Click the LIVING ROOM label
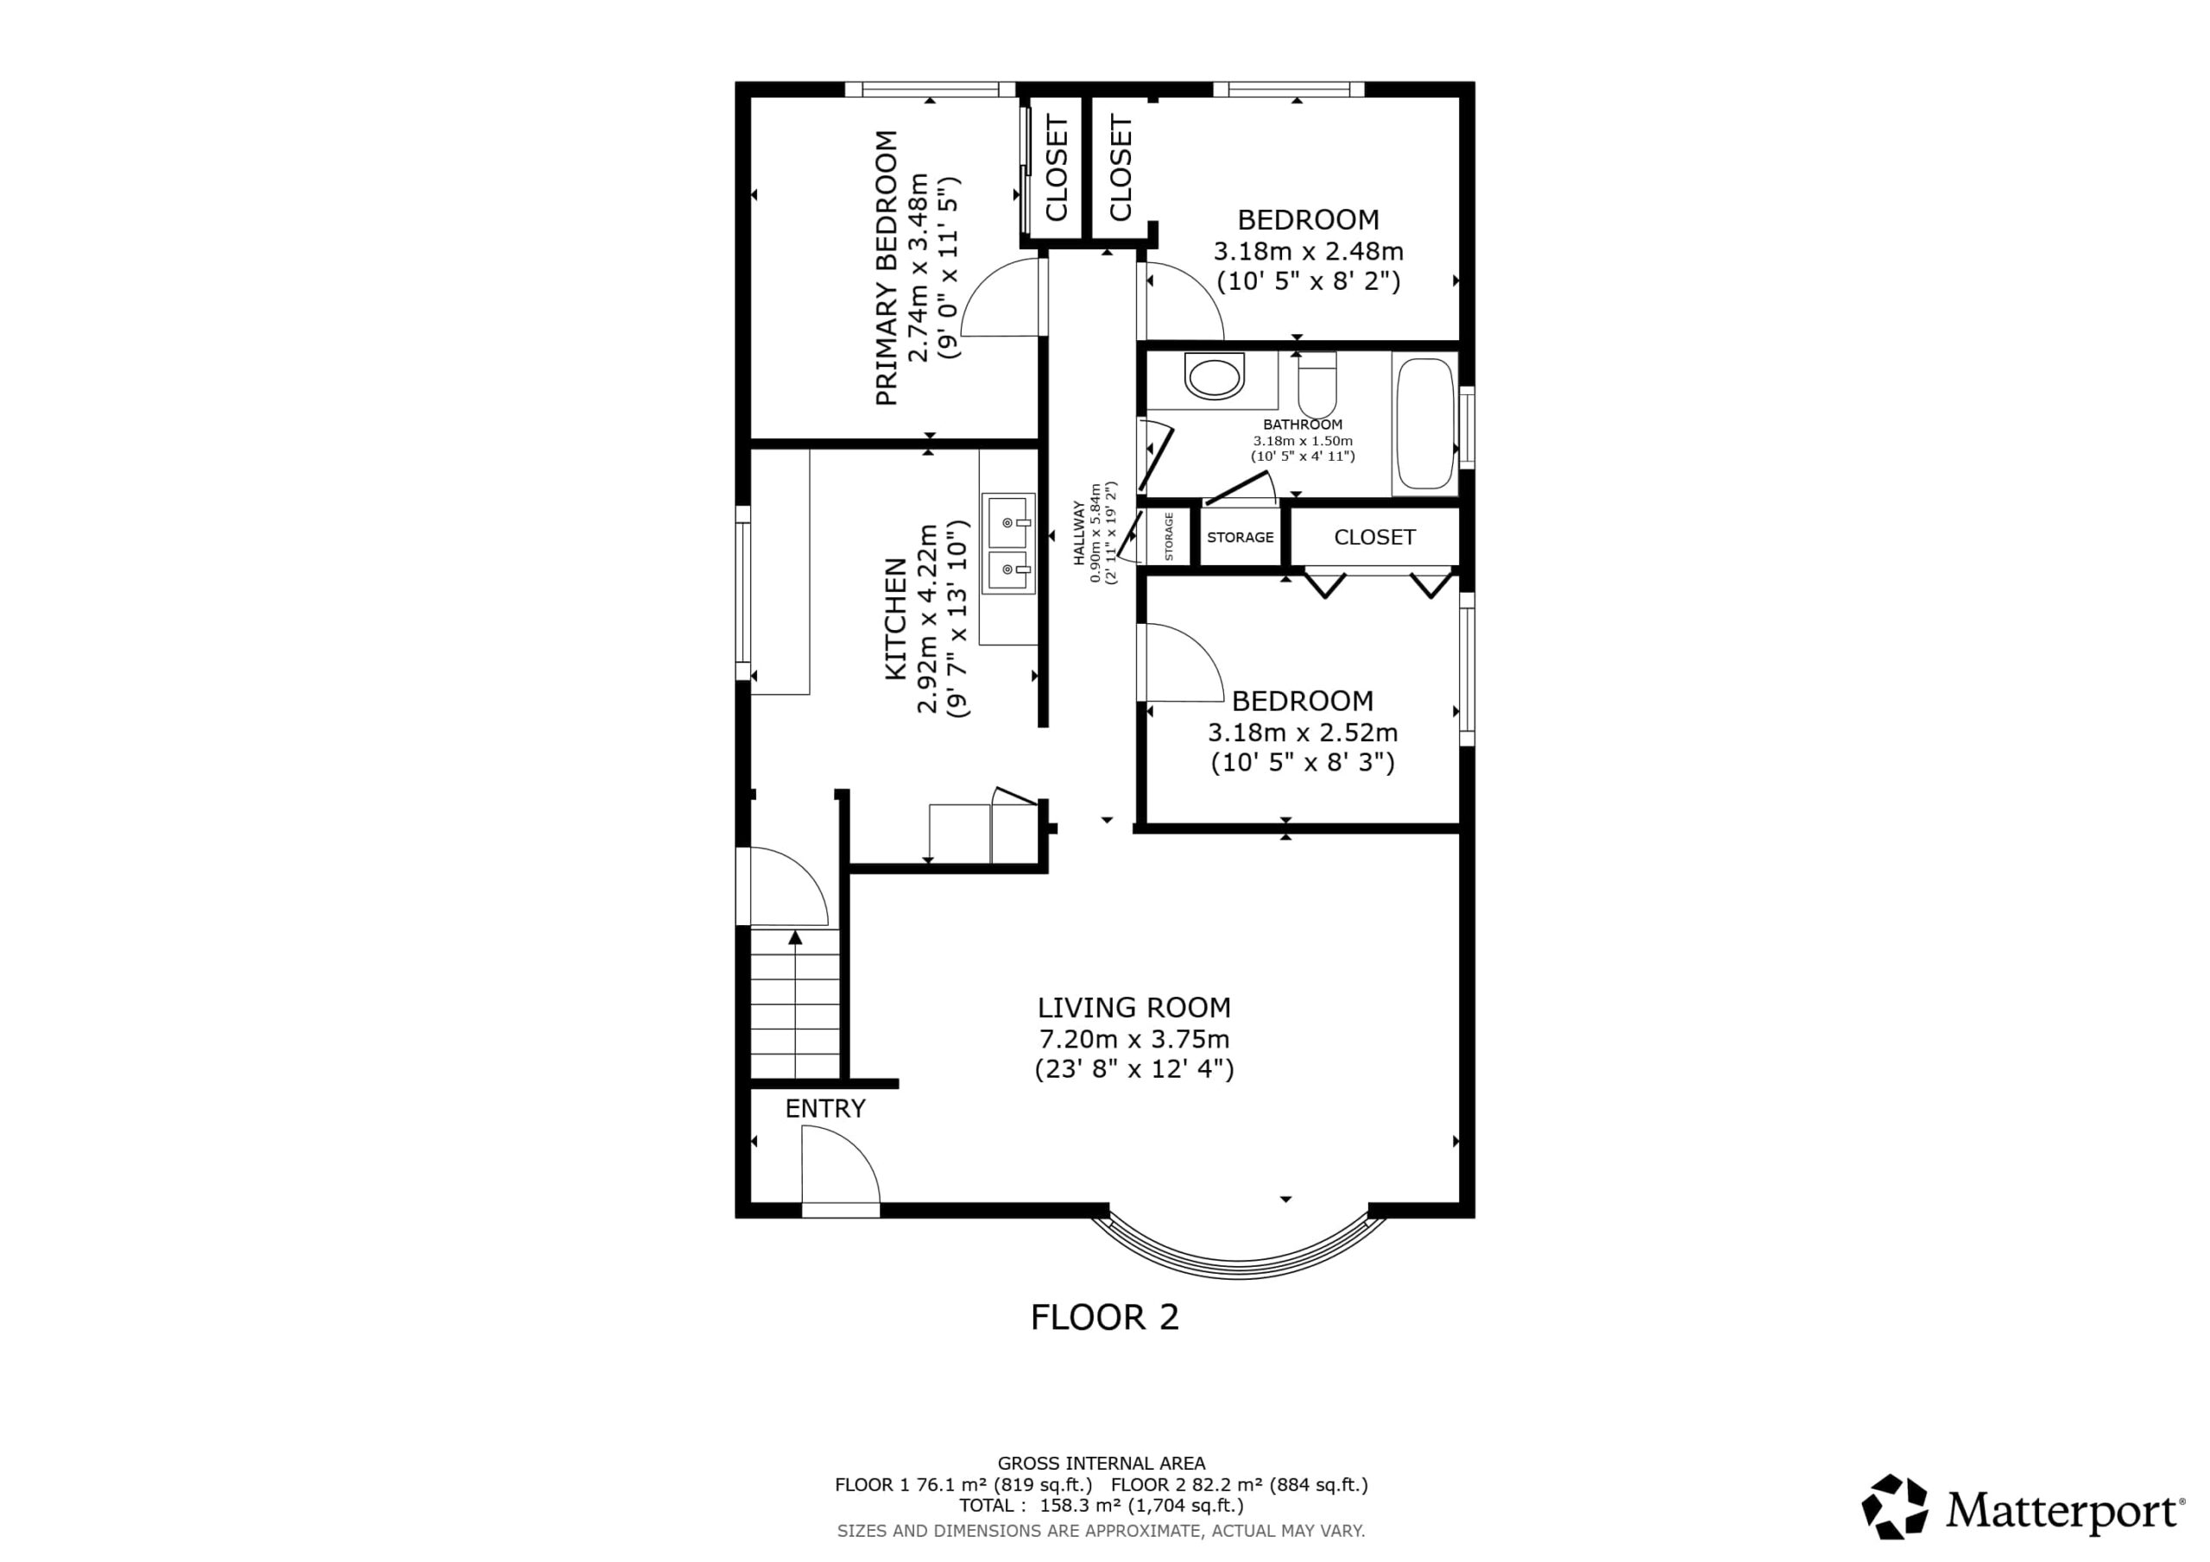1133,1008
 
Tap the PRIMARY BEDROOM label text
887,268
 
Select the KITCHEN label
896,619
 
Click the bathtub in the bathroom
1424,425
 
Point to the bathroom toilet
1317,385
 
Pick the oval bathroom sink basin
1214,376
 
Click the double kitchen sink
1007,544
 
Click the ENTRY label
825,1109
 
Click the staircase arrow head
795,936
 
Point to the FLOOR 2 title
1105,1317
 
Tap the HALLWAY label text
1079,532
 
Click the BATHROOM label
1303,425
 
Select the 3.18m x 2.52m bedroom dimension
1303,733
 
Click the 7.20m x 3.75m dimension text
1133,1039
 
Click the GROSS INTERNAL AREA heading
1102,1464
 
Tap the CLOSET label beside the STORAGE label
1374,537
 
